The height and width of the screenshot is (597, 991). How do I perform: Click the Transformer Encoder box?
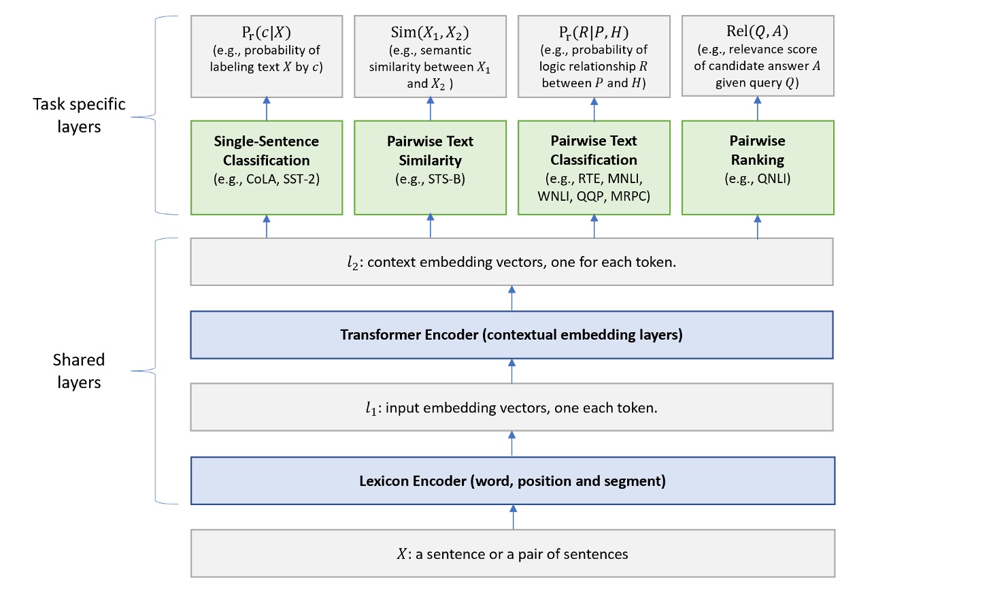pos(511,335)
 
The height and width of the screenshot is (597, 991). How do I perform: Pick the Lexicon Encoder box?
pos(512,481)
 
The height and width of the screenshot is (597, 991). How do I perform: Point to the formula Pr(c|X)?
pos(267,33)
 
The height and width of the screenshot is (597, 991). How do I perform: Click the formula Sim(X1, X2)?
pos(430,33)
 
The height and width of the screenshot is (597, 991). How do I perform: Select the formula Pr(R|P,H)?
pos(593,33)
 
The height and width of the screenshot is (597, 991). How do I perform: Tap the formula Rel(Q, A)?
pos(757,31)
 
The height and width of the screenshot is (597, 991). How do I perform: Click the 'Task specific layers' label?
pos(79,115)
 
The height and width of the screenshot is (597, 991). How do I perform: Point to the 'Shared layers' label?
pos(79,371)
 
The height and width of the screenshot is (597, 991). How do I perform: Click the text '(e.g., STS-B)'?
pos(430,180)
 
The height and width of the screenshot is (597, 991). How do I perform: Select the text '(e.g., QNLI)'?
pos(757,179)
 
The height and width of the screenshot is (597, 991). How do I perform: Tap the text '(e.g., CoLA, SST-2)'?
pos(266,180)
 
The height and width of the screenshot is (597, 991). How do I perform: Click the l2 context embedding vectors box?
pos(511,262)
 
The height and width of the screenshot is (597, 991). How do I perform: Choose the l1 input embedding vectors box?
pos(511,408)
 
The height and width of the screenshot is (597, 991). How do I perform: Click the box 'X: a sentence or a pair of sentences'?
pos(512,554)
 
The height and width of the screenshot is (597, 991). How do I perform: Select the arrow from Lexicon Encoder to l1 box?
pos(511,444)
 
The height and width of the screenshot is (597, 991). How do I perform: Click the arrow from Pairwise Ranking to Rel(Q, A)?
pos(757,108)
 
